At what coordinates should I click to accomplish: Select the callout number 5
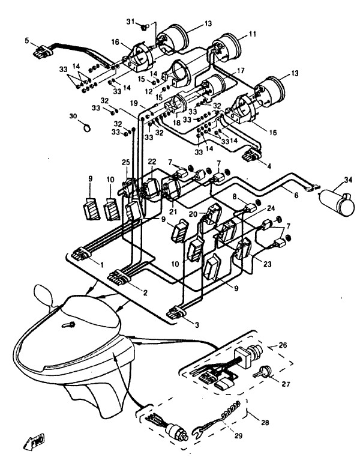coord(27,40)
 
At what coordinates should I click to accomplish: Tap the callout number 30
coord(73,115)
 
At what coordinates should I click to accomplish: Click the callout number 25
coord(126,163)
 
